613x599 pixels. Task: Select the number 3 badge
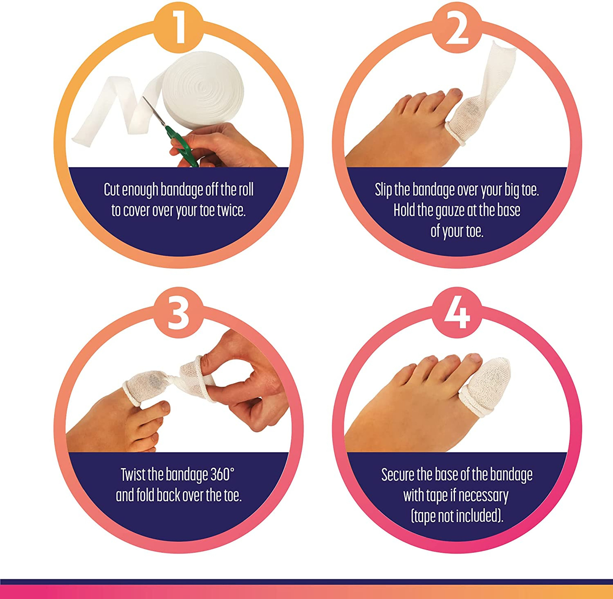[178, 312]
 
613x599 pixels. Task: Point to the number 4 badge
[457, 312]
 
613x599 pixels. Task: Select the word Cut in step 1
[112, 190]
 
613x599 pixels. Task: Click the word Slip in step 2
[383, 190]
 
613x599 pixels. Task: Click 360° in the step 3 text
[223, 475]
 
